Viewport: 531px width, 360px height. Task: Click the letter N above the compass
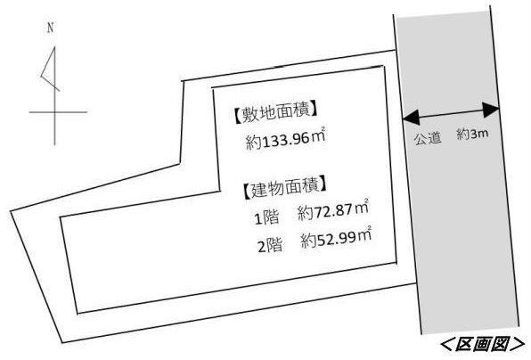[x=51, y=28]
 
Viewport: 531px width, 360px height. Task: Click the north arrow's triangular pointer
[x=50, y=69]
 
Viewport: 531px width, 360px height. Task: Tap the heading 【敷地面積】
[x=275, y=112]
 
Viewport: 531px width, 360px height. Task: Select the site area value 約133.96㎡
[x=285, y=138]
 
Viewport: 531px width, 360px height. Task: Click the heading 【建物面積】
[x=285, y=187]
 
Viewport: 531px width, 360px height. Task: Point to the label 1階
[x=267, y=217]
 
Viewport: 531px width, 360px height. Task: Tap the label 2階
[x=270, y=245]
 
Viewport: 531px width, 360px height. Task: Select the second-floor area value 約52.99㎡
[x=336, y=238]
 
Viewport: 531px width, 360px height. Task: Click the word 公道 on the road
[x=428, y=138]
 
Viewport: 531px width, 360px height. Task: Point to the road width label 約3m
[x=472, y=134]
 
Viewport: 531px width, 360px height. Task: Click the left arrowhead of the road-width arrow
[x=411, y=117]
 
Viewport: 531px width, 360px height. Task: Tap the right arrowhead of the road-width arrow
[x=491, y=110]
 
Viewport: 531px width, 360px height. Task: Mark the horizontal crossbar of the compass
[x=58, y=111]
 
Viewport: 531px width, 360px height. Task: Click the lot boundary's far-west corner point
[x=11, y=212]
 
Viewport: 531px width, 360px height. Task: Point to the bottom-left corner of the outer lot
[x=62, y=342]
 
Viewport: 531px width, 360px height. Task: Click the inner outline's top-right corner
[x=384, y=66]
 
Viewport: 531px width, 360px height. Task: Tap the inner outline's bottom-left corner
[x=78, y=314]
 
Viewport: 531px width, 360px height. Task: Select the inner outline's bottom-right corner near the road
[x=396, y=263]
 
